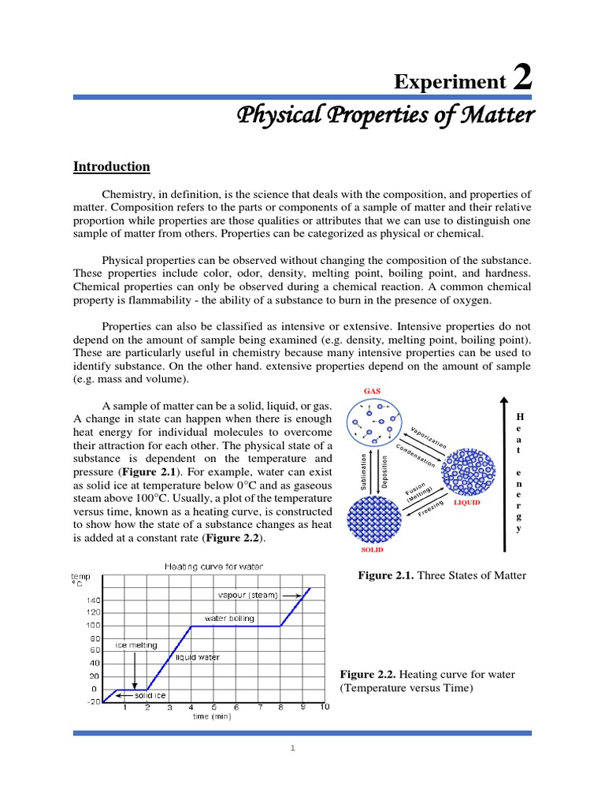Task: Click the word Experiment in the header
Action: click(x=450, y=81)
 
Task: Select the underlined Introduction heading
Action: click(x=111, y=166)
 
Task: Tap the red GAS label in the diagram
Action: click(x=372, y=391)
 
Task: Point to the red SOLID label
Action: click(x=373, y=549)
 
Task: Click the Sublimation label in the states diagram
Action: click(x=364, y=472)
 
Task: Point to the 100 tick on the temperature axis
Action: click(x=93, y=625)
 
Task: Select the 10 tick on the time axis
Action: click(x=324, y=708)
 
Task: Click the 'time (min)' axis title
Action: click(x=213, y=716)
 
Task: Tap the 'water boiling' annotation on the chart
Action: click(x=229, y=619)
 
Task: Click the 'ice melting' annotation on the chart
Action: click(x=136, y=645)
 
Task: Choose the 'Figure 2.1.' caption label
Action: click(x=385, y=576)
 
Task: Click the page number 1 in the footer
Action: click(x=292, y=749)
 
